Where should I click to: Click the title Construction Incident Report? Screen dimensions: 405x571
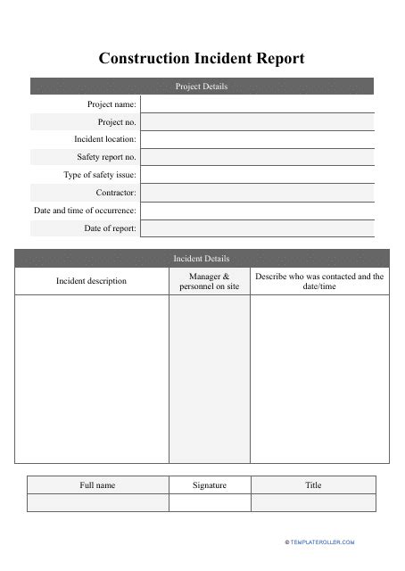coord(202,59)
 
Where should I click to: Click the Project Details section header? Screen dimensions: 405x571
coord(202,87)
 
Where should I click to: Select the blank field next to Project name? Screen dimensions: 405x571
coord(257,104)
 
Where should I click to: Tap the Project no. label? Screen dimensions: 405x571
coord(117,121)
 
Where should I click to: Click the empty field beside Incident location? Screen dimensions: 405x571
coord(257,139)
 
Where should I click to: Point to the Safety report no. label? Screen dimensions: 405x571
coord(106,157)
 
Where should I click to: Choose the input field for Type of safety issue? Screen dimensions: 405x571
coord(257,175)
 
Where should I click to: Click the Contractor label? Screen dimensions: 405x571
coord(116,193)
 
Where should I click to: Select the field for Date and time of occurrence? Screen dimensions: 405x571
coord(257,211)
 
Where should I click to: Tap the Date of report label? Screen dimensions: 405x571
coord(111,228)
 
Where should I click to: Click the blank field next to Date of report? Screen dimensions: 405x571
coord(257,228)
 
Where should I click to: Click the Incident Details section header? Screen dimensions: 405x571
coord(202,259)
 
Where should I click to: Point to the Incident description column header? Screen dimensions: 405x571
coord(91,281)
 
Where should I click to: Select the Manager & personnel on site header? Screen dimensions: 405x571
coord(210,281)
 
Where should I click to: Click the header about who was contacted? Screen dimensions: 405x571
coord(319,281)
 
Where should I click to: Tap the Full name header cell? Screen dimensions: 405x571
coord(97,485)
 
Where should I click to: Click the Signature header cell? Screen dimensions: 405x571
coord(210,485)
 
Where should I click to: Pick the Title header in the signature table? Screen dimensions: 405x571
coord(313,485)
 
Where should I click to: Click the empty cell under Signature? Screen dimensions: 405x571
coord(210,503)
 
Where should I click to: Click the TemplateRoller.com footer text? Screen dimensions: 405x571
coord(322,542)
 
